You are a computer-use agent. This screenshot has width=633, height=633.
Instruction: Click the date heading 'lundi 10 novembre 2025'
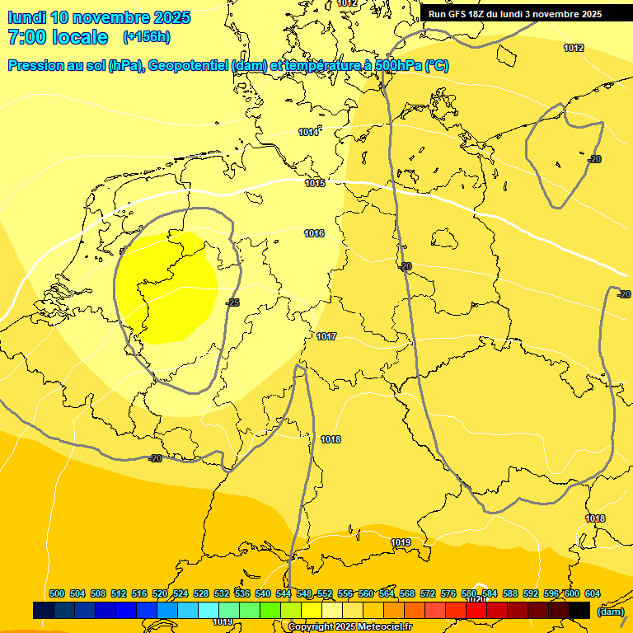pyautogui.click(x=99, y=17)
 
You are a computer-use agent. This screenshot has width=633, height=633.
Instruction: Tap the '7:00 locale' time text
pyautogui.click(x=58, y=37)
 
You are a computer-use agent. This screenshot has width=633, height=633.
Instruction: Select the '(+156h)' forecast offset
pyautogui.click(x=146, y=37)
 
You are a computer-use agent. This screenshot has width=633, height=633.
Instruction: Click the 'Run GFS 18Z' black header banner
pyautogui.click(x=515, y=14)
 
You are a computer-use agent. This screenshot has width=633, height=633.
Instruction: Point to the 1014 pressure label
pyautogui.click(x=308, y=133)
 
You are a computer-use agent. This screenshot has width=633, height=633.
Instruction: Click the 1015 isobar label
pyautogui.click(x=315, y=183)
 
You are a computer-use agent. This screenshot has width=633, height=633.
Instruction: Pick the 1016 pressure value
pyautogui.click(x=314, y=234)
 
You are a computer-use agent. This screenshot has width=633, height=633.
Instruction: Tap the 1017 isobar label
pyautogui.click(x=326, y=336)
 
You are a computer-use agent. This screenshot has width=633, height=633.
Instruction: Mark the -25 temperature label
pyautogui.click(x=232, y=303)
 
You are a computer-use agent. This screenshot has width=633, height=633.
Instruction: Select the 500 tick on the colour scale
pyautogui.click(x=57, y=593)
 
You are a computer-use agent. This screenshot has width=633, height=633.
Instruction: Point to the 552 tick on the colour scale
pyautogui.click(x=325, y=593)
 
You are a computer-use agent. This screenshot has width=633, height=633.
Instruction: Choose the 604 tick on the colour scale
pyautogui.click(x=593, y=593)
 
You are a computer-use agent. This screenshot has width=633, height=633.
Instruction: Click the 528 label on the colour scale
pyautogui.click(x=201, y=593)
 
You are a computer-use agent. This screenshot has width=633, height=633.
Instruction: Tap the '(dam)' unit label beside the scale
pyautogui.click(x=610, y=612)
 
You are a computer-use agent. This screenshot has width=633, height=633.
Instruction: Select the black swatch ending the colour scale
pyautogui.click(x=579, y=610)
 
